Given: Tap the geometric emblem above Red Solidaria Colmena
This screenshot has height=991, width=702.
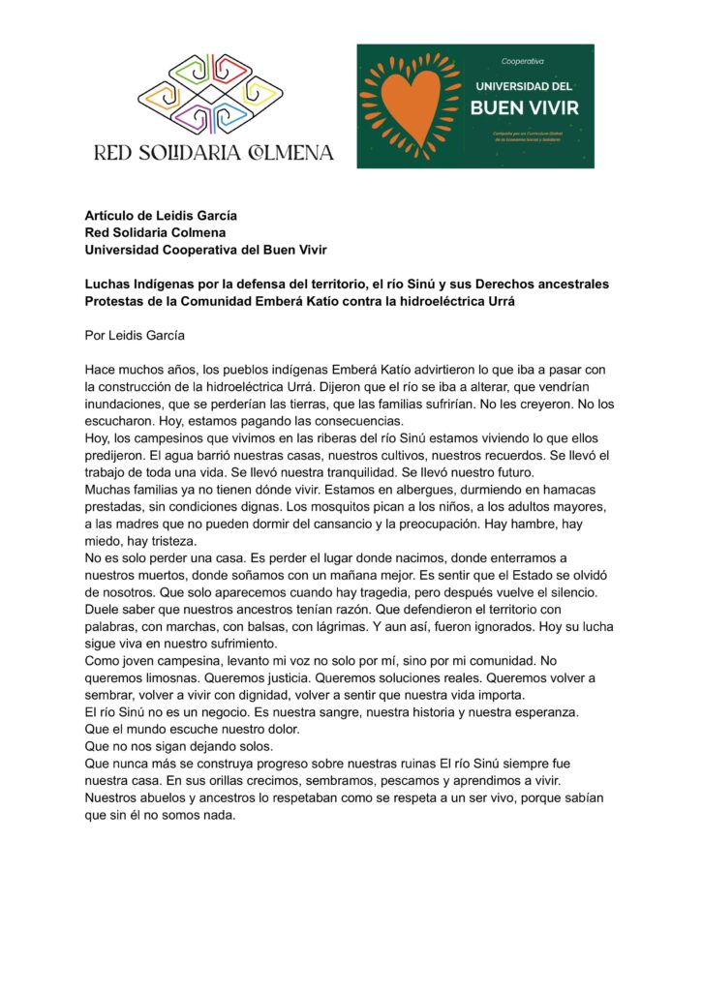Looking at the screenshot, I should click(210, 95).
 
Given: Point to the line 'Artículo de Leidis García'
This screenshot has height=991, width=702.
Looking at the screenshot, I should click(161, 216).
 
